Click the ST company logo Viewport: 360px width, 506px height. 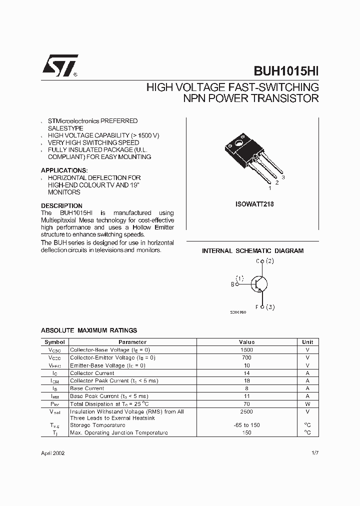pyautogui.click(x=59, y=65)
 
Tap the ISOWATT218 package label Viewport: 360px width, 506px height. pyautogui.click(x=254, y=204)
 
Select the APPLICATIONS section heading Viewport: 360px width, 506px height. pyautogui.click(x=64, y=170)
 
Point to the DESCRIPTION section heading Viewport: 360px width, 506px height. pyautogui.click(x=61, y=205)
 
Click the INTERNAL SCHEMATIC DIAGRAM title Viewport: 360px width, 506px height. pyautogui.click(x=252, y=251)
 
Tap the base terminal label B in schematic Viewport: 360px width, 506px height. pyautogui.click(x=232, y=284)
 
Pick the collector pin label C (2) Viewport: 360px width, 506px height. pyautogui.click(x=264, y=261)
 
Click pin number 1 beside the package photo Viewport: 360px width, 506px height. pyautogui.click(x=270, y=188)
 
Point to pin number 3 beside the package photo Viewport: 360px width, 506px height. pyautogui.click(x=283, y=177)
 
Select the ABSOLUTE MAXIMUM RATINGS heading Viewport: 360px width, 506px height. pyautogui.click(x=88, y=330)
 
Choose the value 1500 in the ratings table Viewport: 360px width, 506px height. pyautogui.click(x=246, y=349)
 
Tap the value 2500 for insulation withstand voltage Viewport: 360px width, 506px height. pyautogui.click(x=246, y=411)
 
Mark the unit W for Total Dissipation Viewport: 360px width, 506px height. pyautogui.click(x=307, y=403)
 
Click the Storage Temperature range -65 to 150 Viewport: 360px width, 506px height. pyautogui.click(x=246, y=425)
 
